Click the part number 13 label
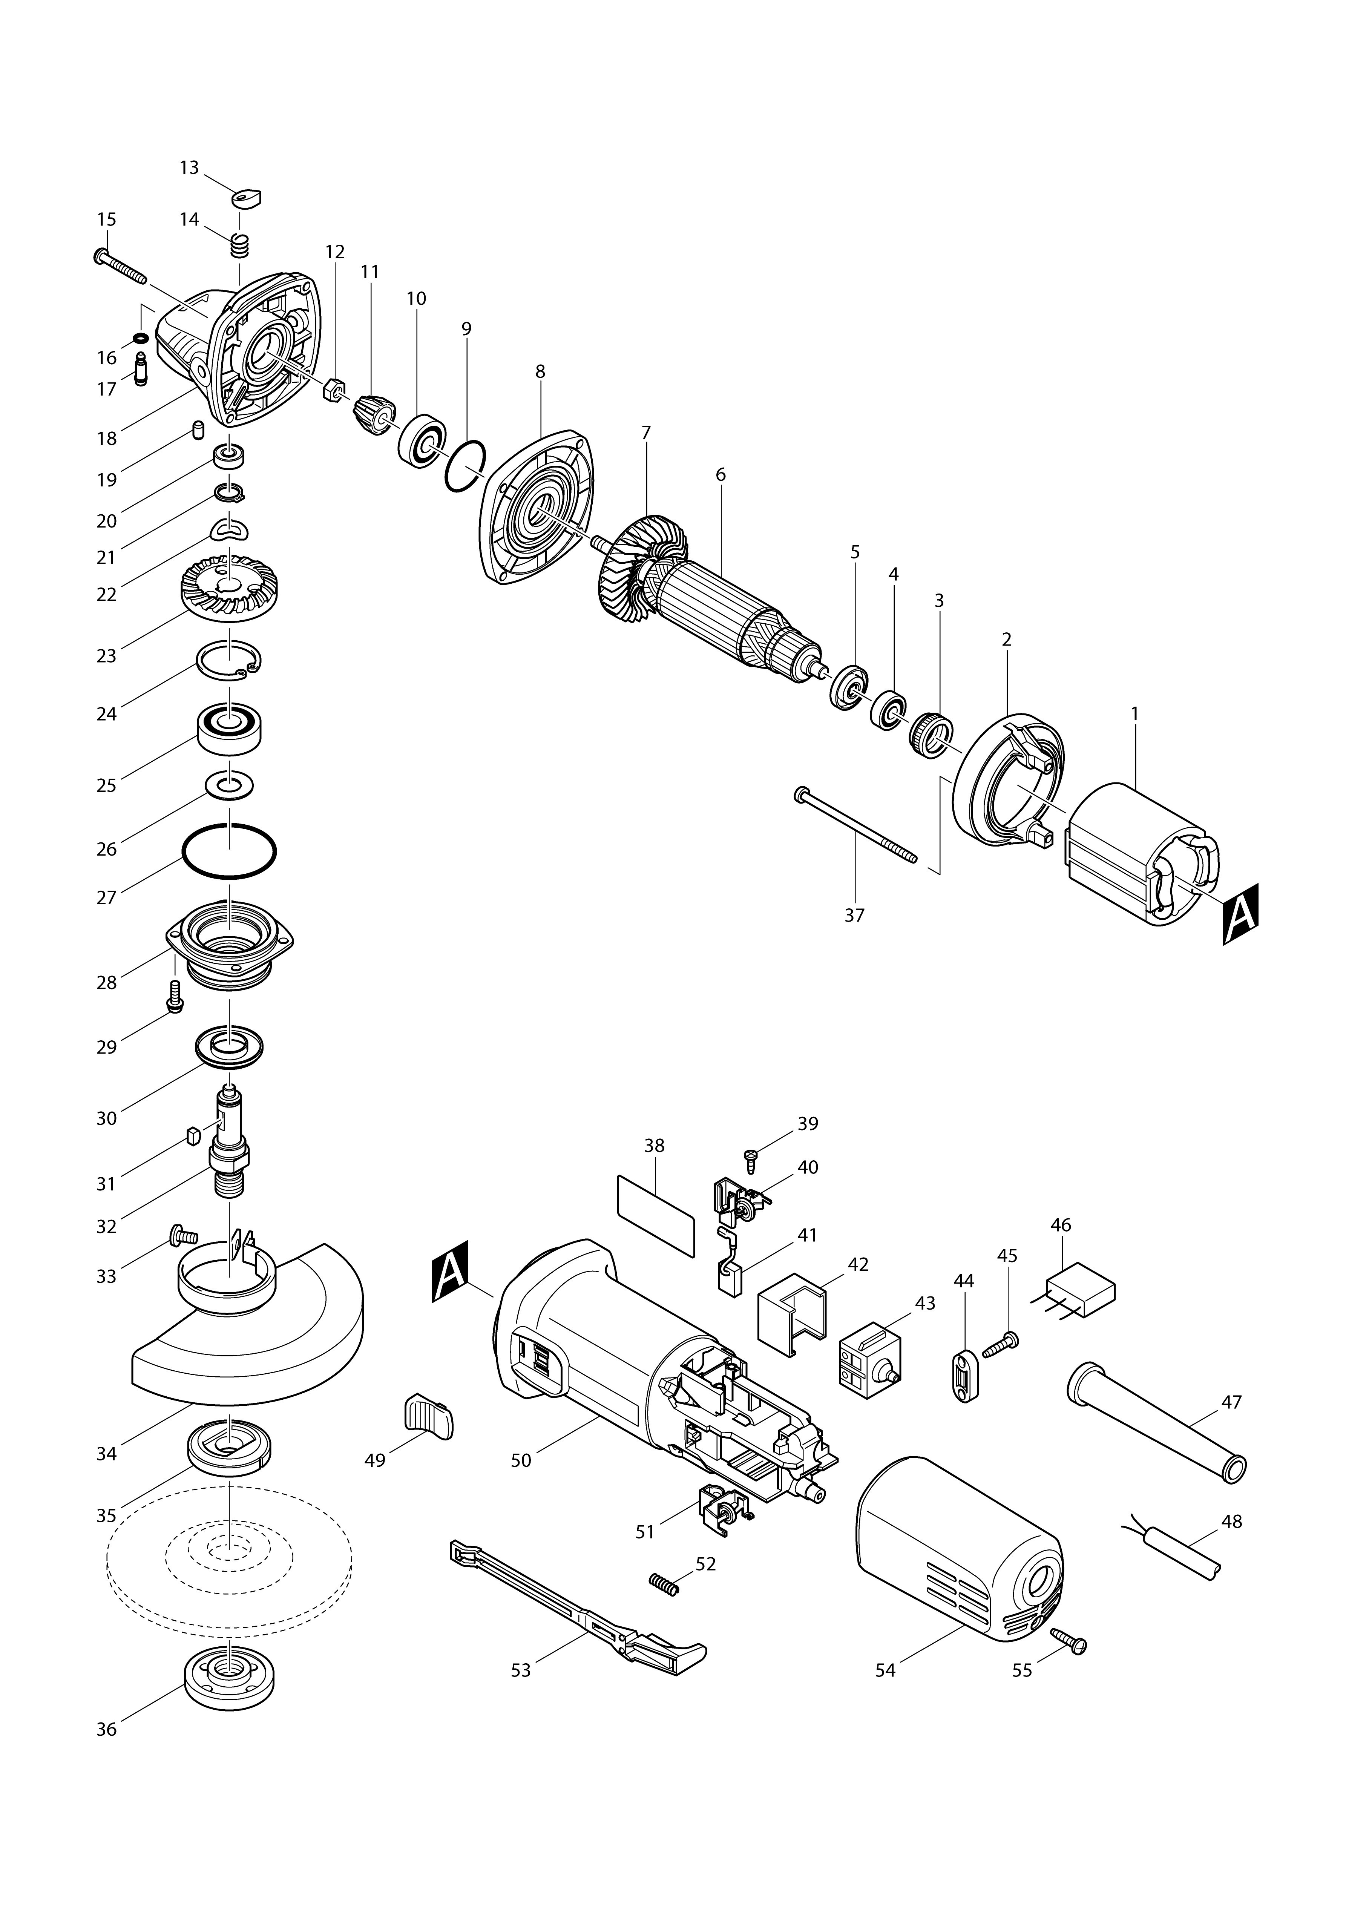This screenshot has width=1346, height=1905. [189, 167]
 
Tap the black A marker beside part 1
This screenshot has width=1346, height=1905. [1240, 914]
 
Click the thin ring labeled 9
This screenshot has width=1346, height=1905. [464, 467]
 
